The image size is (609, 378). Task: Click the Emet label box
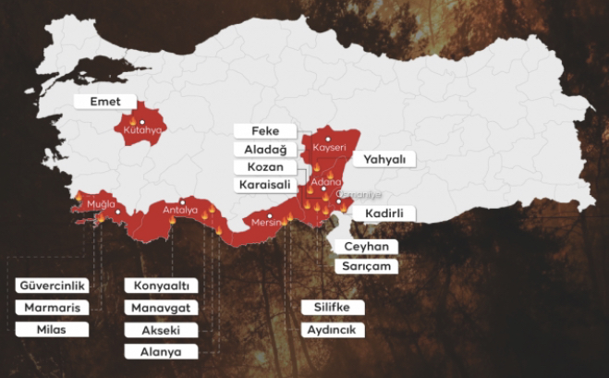104,101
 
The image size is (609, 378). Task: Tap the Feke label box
264,131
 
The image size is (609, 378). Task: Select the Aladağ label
264,149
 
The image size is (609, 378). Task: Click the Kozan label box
264,167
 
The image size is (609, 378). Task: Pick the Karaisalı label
264,185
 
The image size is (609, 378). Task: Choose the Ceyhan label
366,247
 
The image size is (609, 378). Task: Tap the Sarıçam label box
366,265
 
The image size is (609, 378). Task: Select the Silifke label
333,307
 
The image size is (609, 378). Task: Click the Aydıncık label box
333,329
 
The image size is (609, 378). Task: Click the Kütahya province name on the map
141,130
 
